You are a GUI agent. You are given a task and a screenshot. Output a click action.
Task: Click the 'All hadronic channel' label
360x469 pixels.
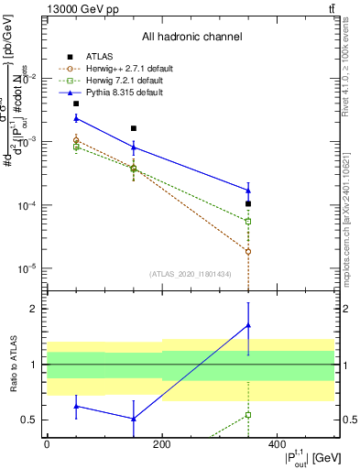191,38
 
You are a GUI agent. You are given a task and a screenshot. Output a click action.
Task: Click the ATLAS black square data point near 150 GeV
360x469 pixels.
134,128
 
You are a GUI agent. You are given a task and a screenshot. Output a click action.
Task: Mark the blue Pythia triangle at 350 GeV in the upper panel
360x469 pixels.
248,191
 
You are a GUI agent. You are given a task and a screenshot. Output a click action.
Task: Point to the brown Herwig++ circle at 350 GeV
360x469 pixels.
248,251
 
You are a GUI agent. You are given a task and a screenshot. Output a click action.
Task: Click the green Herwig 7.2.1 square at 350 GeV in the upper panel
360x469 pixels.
248,222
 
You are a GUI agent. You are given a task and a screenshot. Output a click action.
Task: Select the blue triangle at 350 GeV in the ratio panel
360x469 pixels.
248,325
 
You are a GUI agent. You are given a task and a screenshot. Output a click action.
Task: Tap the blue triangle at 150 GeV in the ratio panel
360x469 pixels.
134,419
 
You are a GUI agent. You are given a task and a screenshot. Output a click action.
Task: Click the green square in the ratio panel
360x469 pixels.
248,415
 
